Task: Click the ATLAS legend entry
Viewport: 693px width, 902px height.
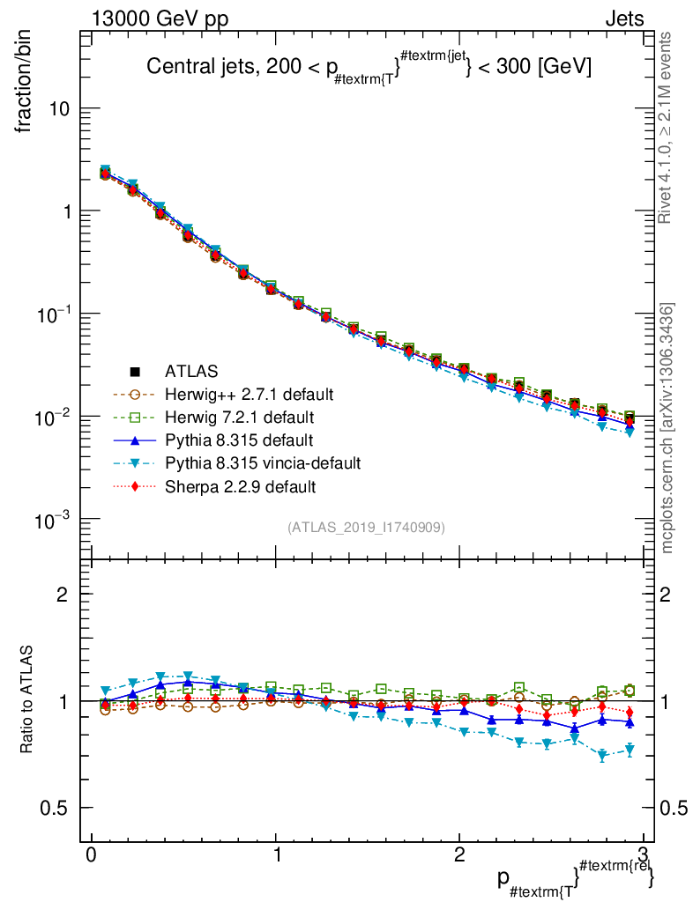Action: coord(190,372)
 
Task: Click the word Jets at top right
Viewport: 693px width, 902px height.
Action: coord(623,18)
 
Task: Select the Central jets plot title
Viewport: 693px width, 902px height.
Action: coord(369,66)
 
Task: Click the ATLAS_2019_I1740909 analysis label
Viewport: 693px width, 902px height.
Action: coord(366,528)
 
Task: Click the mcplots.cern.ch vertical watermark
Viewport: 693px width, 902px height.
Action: coord(667,428)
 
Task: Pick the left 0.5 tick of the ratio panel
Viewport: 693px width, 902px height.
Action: coord(58,809)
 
